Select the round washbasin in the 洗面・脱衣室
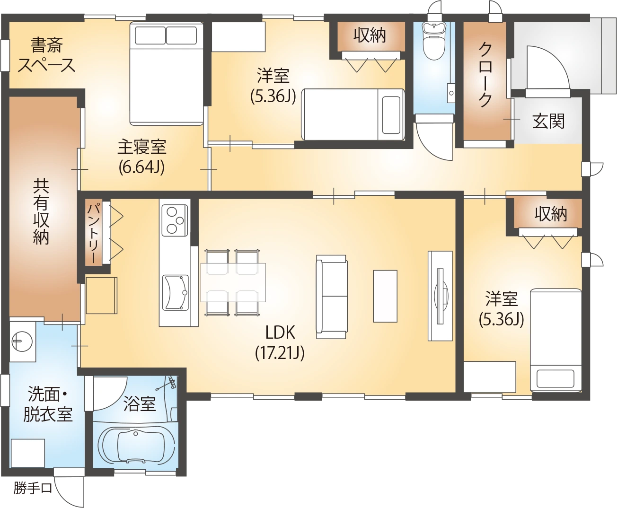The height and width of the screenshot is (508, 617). click(22, 342)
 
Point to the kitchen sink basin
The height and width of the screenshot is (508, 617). click(176, 292)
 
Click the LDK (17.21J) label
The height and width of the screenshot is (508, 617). click(280, 342)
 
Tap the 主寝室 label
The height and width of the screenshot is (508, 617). click(142, 147)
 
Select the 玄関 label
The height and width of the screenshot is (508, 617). click(548, 121)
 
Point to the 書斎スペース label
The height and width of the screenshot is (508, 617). click(46, 55)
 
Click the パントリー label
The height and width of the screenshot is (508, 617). click(94, 233)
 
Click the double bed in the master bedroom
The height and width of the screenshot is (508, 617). click(167, 73)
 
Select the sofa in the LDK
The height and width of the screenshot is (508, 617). click(332, 297)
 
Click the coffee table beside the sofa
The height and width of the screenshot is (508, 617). click(385, 296)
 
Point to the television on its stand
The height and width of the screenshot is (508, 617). click(441, 296)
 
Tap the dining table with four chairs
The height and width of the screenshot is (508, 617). click(233, 283)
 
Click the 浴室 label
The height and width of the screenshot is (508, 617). click(140, 403)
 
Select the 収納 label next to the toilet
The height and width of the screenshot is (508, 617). click(370, 36)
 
